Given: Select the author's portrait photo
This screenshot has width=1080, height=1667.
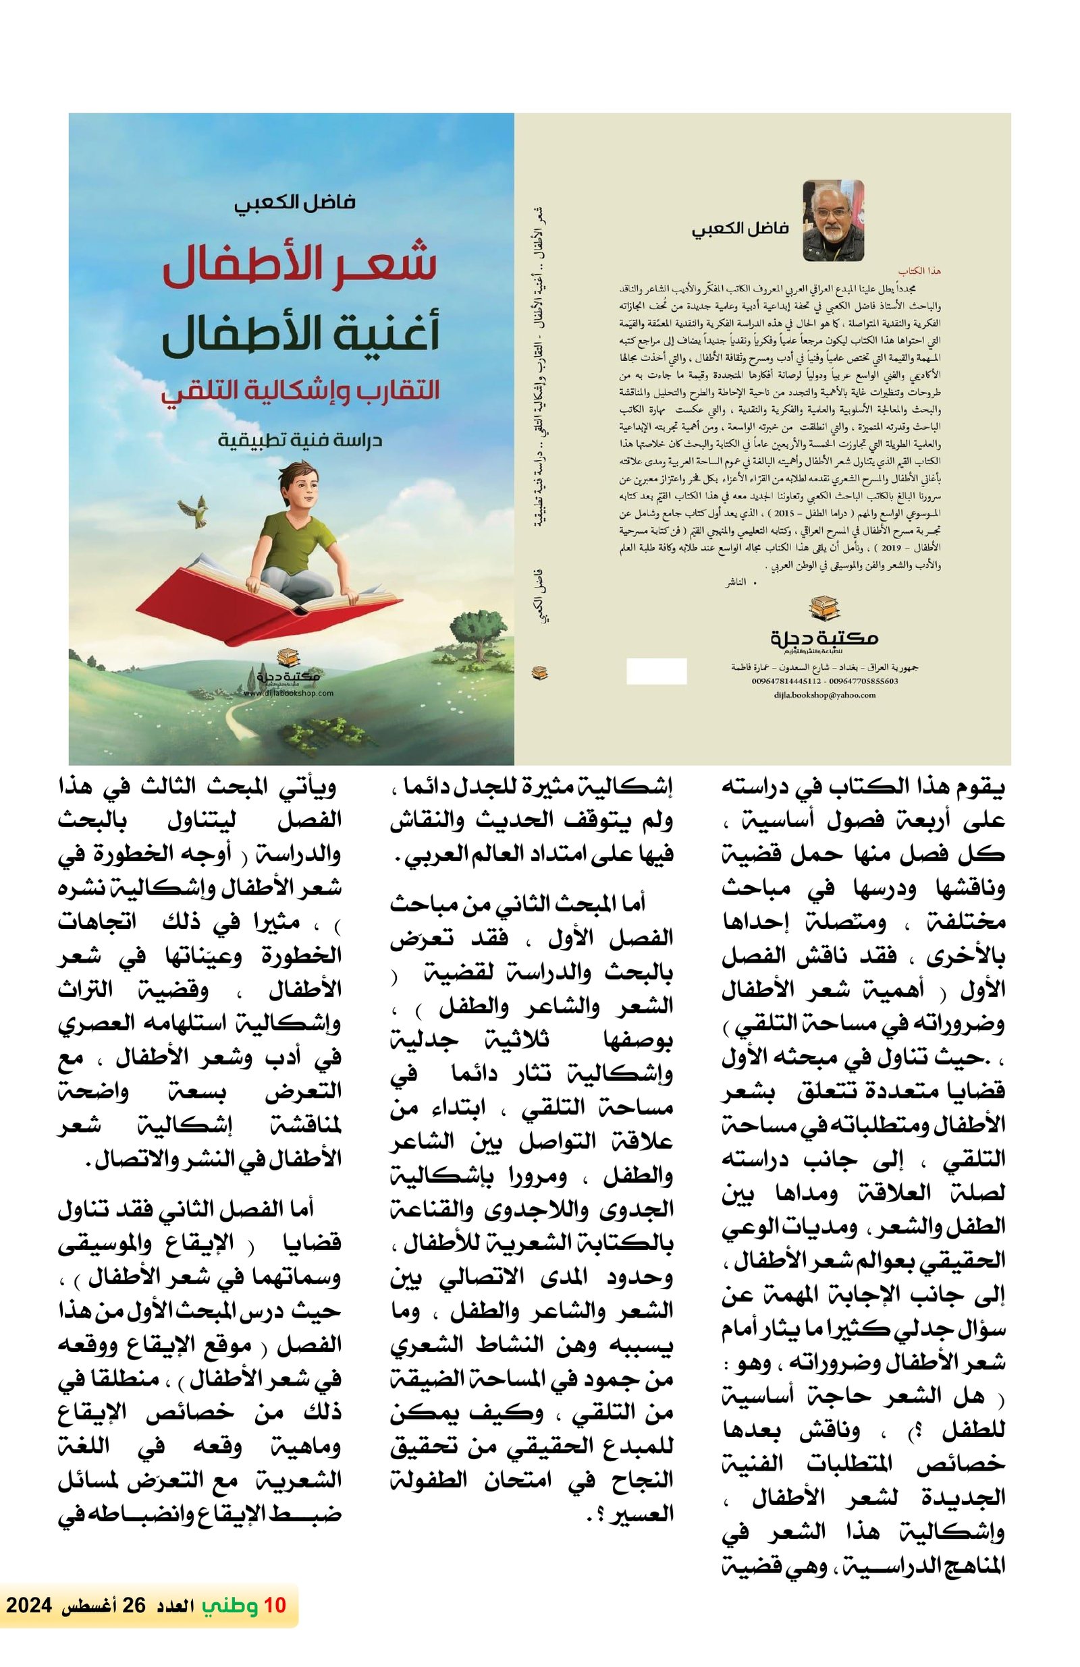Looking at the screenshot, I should click(832, 220).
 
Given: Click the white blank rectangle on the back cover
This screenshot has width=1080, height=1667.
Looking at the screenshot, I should click(656, 671).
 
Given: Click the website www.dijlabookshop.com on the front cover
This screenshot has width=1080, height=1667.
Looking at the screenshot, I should click(289, 693).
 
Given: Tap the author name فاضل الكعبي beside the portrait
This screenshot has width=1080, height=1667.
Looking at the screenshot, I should click(740, 227).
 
